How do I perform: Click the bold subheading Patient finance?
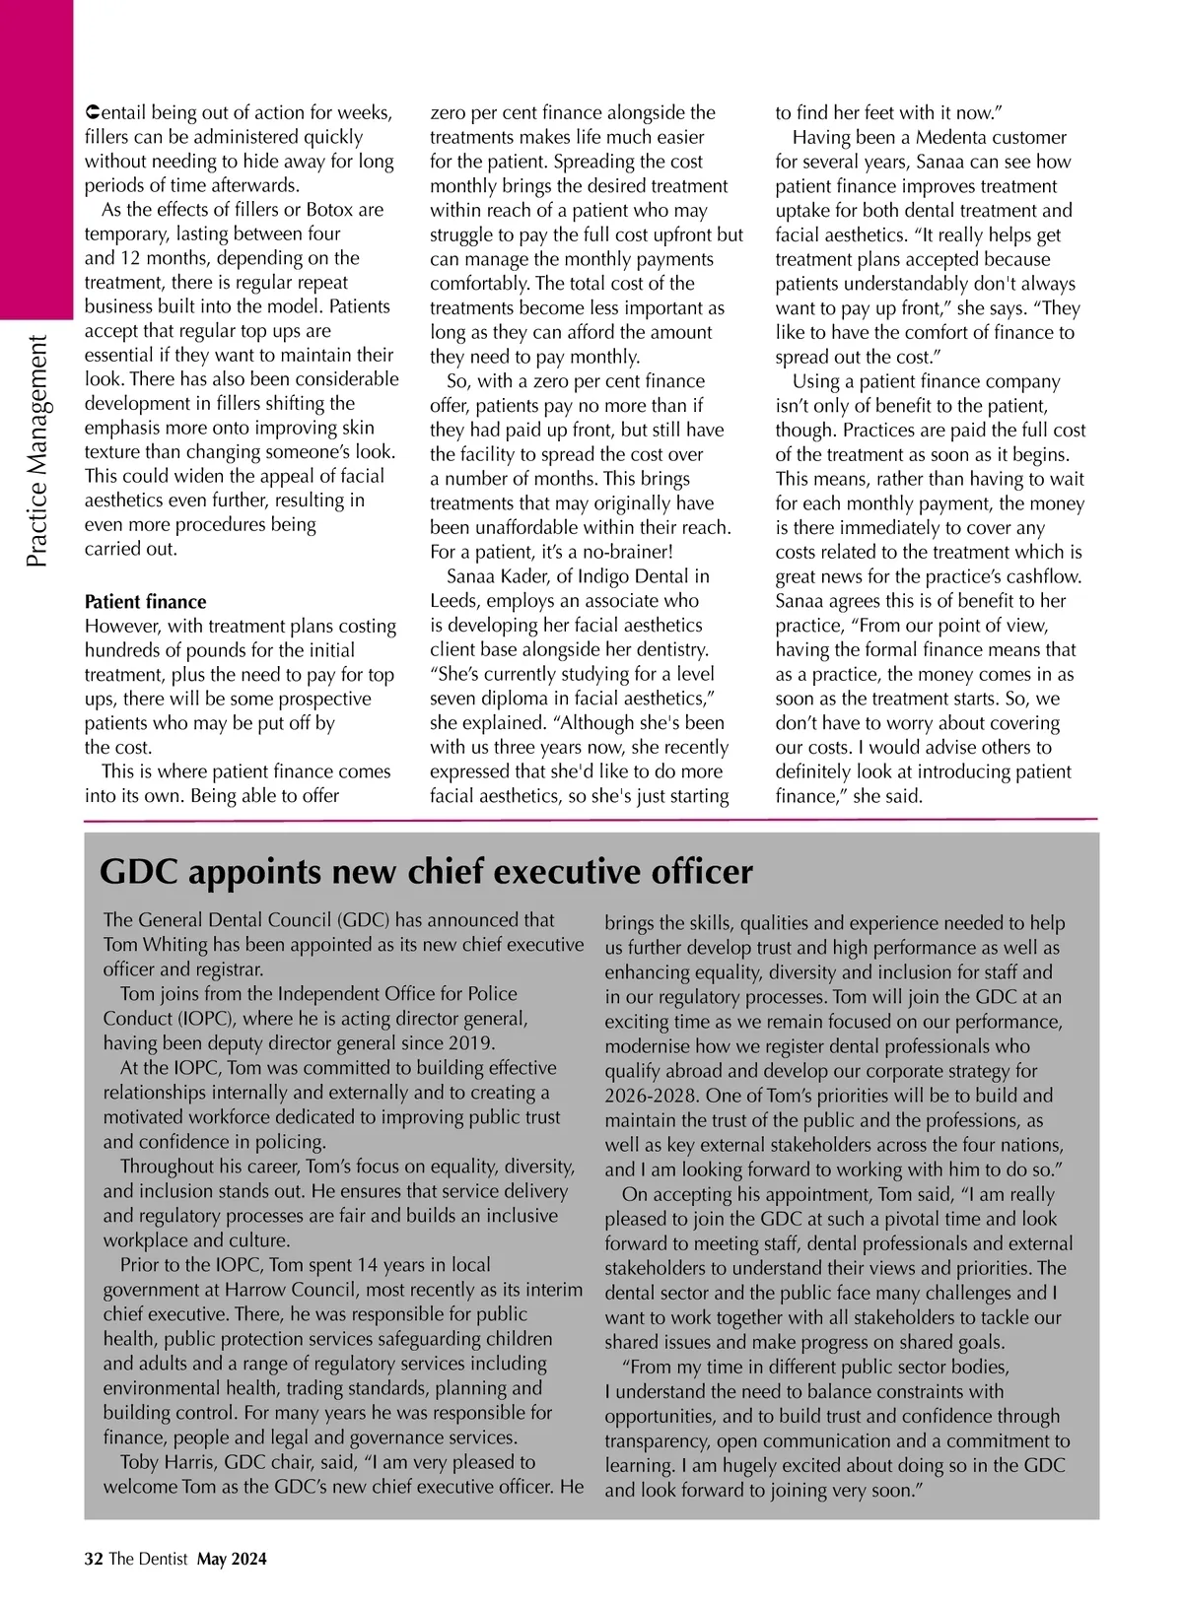[145, 602]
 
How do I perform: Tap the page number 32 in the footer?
[94, 1559]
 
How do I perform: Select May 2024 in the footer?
[232, 1559]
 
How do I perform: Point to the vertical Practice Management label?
[36, 451]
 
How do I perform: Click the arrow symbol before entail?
[91, 112]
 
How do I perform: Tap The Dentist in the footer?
[148, 1559]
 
